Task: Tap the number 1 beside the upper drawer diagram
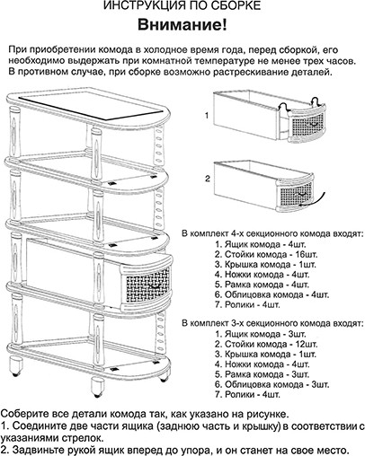point(206,117)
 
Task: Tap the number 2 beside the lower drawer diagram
point(206,179)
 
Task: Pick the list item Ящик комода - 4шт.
point(262,243)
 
